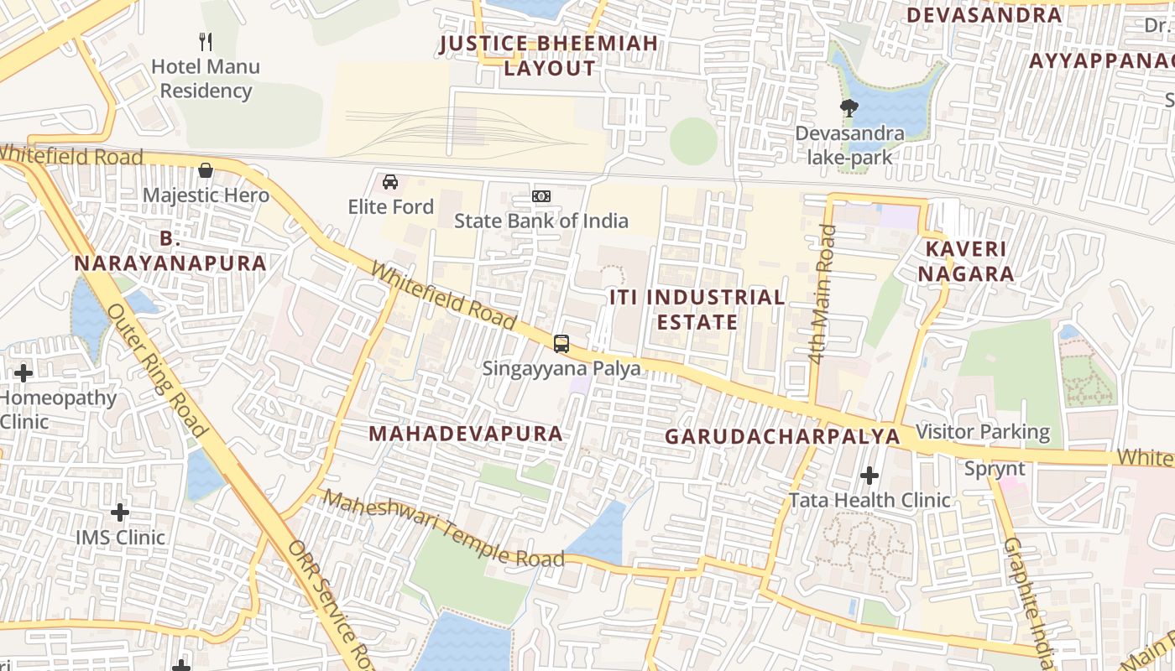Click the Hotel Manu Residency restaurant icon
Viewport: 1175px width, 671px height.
point(206,41)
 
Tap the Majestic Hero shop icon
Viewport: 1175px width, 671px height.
point(206,171)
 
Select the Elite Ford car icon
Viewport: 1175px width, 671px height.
point(390,182)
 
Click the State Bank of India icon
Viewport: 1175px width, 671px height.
point(541,196)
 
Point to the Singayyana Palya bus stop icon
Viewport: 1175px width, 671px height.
point(561,344)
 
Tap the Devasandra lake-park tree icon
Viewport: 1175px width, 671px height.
point(849,107)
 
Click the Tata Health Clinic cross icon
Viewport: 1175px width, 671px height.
point(869,476)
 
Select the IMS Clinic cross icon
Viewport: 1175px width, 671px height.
point(120,512)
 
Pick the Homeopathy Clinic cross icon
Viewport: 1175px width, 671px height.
point(23,373)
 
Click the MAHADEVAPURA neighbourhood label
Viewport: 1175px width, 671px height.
point(466,434)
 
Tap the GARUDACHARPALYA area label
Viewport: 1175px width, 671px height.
point(782,437)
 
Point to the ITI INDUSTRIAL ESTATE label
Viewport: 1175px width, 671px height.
point(697,309)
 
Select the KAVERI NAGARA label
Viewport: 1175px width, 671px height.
point(965,261)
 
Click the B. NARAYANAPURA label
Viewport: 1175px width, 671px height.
point(170,251)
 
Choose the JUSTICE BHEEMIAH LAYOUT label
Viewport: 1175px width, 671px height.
point(549,56)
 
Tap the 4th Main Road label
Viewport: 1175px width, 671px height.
point(821,294)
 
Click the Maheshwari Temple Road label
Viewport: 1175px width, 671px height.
point(443,529)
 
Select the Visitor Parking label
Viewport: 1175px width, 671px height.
point(983,432)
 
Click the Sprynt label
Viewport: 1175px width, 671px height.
point(995,469)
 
